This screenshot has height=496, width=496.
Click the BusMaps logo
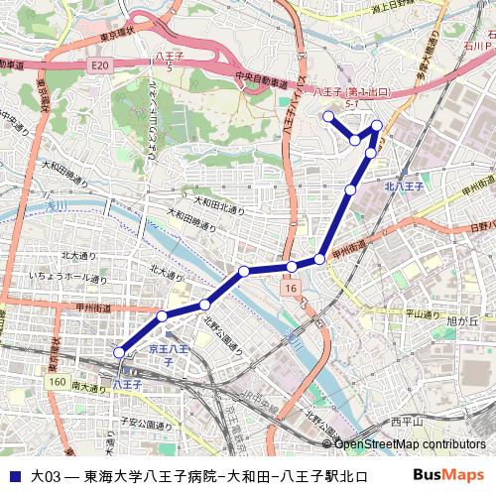pos(448,475)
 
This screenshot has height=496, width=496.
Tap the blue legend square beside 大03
pos(14,476)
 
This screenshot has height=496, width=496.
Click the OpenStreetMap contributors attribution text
pos(411,443)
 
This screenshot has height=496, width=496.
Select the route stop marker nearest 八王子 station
pos(120,351)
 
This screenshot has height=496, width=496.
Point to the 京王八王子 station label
pos(168,355)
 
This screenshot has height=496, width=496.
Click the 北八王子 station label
pos(404,186)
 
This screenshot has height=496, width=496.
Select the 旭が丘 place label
pos(463,320)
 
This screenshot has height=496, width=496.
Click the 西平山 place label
pos(406,422)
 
